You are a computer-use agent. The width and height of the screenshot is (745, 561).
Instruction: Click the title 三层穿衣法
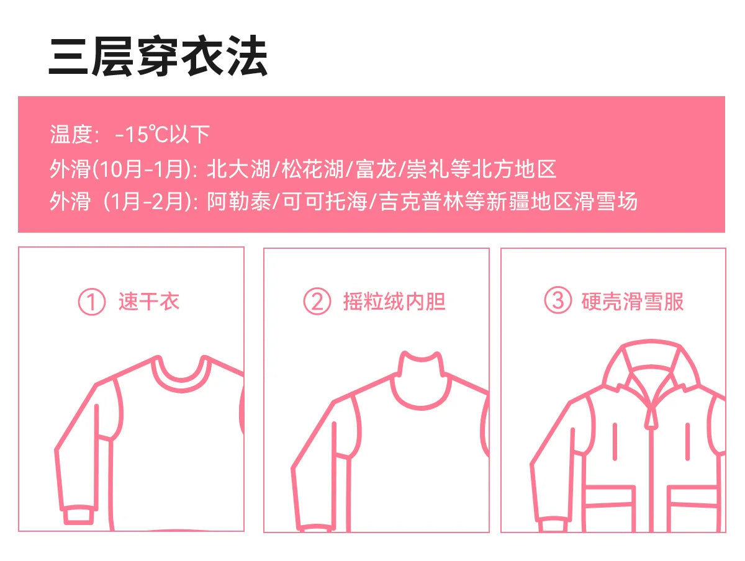pyautogui.click(x=158, y=56)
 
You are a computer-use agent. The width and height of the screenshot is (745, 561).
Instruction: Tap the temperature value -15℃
pyautogui.click(x=140, y=134)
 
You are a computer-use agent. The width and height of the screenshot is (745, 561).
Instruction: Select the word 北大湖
pyautogui.click(x=238, y=169)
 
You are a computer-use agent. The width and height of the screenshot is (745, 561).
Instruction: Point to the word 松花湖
pyautogui.click(x=313, y=169)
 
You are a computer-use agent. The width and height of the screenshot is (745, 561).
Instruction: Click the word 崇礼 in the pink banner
pyautogui.click(x=428, y=169)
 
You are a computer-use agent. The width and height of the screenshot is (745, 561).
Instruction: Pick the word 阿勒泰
pyautogui.click(x=238, y=201)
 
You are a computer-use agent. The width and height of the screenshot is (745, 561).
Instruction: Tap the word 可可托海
pyautogui.click(x=325, y=201)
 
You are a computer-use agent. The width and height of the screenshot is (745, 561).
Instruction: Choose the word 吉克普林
pyautogui.click(x=421, y=201)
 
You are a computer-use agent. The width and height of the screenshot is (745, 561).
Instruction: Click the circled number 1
pyautogui.click(x=92, y=301)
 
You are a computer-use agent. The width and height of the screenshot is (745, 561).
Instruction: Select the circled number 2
pyautogui.click(x=317, y=301)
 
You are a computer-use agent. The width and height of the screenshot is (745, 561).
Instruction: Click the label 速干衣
pyautogui.click(x=148, y=301)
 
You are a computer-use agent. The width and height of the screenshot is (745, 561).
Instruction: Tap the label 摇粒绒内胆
pyautogui.click(x=394, y=301)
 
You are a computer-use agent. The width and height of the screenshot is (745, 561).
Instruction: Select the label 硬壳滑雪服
pyautogui.click(x=633, y=301)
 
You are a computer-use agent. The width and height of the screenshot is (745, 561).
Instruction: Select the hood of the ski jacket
pyautogui.click(x=651, y=352)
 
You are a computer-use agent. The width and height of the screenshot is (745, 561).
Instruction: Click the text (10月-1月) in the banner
pyautogui.click(x=142, y=169)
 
